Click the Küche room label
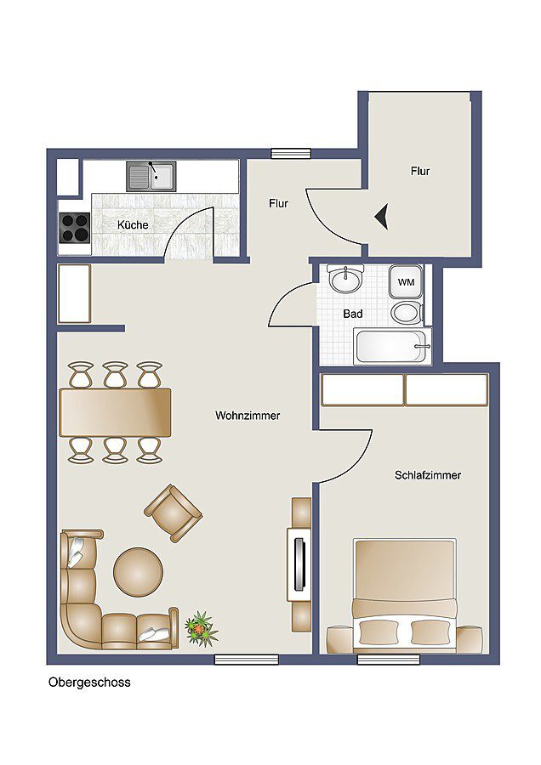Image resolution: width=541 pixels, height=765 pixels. click(x=133, y=225)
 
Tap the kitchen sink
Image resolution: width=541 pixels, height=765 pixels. click(x=151, y=177)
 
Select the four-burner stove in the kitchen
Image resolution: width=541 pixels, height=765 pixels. click(x=74, y=227)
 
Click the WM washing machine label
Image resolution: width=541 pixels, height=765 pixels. click(x=406, y=281)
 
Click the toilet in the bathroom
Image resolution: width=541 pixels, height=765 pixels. click(x=406, y=312)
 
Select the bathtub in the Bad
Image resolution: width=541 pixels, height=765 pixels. click(x=391, y=346)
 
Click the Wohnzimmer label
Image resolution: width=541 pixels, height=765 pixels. click(x=248, y=416)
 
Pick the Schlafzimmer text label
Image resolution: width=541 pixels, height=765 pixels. click(x=428, y=475)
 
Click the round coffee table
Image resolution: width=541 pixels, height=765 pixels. click(x=138, y=570)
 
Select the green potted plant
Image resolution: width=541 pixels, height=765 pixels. click(x=201, y=628)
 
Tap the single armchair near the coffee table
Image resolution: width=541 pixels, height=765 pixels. click(x=173, y=513)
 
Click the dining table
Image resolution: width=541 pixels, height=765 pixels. click(x=115, y=411)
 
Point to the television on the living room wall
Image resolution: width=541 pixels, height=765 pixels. click(x=298, y=563)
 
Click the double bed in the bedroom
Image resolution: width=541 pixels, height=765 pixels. click(x=404, y=595)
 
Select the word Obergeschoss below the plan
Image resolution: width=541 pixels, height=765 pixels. click(x=89, y=682)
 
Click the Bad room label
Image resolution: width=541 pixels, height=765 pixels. click(x=353, y=314)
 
